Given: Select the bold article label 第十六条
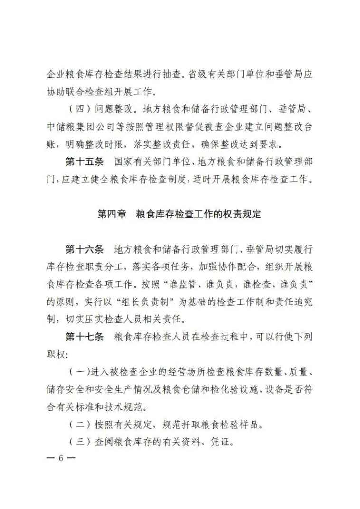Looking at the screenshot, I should [84, 250].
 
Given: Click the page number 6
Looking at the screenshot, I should [61, 458].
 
